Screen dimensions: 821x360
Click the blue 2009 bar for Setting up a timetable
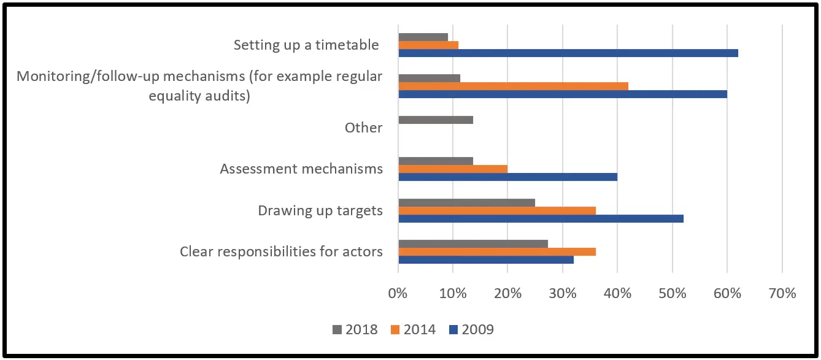pos(568,53)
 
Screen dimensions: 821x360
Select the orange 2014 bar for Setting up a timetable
pos(428,45)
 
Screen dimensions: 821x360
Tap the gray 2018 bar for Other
pos(436,120)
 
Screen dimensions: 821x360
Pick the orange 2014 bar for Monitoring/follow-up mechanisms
pos(514,86)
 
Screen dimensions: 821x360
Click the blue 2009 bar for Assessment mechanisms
pos(508,177)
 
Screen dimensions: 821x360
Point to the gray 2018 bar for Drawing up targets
pos(467,202)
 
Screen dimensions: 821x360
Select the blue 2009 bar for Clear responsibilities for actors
pos(486,259)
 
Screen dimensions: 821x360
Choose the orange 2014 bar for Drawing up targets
pos(497,210)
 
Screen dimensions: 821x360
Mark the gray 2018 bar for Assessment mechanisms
pos(436,161)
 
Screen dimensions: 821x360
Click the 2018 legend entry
pos(355,329)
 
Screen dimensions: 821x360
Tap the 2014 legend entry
pos(413,329)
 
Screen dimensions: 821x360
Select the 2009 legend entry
pos(471,329)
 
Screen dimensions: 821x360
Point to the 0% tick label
pos(398,293)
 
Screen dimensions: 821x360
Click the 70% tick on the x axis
pos(782,293)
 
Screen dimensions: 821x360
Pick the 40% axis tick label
pos(617,293)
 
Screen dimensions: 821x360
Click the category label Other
pos(363,128)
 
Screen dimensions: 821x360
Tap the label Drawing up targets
pos(320,210)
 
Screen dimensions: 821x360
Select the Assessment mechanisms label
pos(301,169)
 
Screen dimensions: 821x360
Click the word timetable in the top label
pos(347,45)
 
